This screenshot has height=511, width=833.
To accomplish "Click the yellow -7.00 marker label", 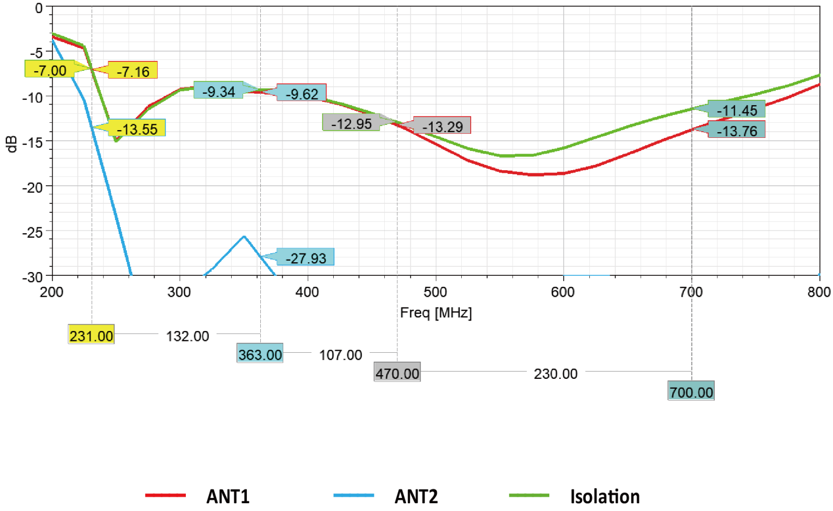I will [x=49, y=70].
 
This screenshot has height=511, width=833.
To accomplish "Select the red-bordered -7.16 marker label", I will [x=133, y=71].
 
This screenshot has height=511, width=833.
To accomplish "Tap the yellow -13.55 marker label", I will [x=137, y=129].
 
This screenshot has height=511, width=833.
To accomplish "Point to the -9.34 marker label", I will [x=219, y=91].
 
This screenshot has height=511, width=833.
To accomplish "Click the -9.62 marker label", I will [x=302, y=94].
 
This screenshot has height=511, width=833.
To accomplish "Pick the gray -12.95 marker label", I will [x=351, y=123].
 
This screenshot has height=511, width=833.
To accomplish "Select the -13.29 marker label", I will [x=443, y=126].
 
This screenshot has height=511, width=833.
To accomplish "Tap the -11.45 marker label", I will [x=737, y=110].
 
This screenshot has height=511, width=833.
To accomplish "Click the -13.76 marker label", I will [x=737, y=130].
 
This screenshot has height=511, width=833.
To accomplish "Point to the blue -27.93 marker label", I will [x=306, y=258].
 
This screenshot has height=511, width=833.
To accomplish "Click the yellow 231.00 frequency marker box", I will [x=91, y=336].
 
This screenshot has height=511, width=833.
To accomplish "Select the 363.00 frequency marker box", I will [x=260, y=354].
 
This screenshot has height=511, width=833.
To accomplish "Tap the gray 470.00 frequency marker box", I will [x=397, y=373].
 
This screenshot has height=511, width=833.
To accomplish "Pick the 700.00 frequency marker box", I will [x=691, y=392].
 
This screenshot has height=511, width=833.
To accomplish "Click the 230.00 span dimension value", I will [x=556, y=374].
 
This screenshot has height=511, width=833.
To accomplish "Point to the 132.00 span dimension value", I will [x=187, y=336].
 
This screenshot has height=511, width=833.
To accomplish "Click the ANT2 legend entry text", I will [x=416, y=496].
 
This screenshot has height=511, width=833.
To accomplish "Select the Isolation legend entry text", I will [x=604, y=496].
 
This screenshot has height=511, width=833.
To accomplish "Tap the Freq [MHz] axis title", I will [x=436, y=313].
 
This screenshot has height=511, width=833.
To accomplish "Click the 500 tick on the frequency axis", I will [x=435, y=292].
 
